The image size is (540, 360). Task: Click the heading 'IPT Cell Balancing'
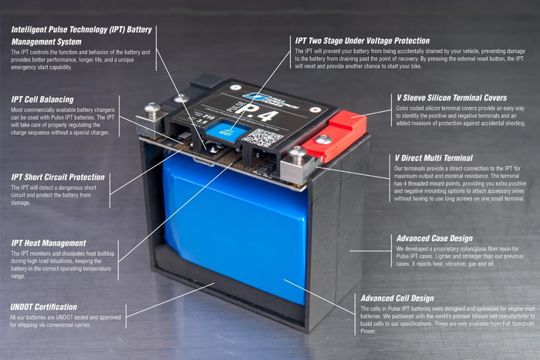pos(42,99)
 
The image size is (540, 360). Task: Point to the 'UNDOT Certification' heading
pos(45,306)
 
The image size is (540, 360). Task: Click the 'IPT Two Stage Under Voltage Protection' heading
pos(363,40)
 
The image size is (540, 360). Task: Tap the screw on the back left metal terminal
pos(180,99)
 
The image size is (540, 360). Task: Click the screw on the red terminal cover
pos(325,140)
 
